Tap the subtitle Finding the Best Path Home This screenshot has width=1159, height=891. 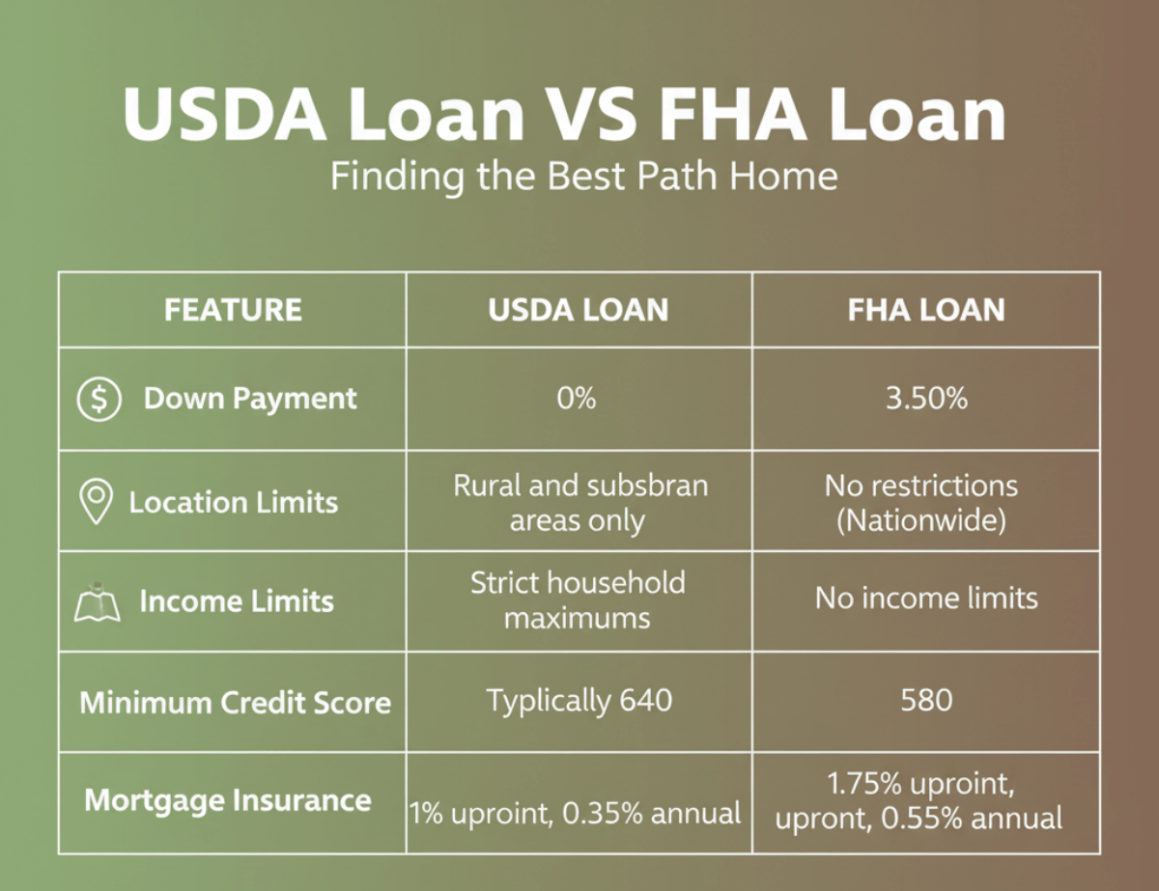click(584, 177)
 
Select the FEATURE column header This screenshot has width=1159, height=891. click(233, 310)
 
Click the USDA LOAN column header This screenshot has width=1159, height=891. click(579, 310)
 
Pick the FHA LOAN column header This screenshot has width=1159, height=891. click(926, 310)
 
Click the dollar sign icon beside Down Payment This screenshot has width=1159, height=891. click(99, 399)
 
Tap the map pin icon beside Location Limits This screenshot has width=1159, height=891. click(95, 503)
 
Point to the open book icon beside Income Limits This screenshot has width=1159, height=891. click(97, 603)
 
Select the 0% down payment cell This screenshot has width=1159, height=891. click(578, 399)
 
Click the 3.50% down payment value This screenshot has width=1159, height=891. click(926, 399)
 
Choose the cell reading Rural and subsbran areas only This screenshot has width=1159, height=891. click(579, 502)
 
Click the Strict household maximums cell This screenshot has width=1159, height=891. click(578, 599)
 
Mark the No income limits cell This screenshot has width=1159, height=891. click(926, 599)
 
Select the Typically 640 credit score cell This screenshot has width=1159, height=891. click(579, 700)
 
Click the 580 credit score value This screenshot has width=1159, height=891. click(926, 700)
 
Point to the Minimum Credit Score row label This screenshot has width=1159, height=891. click(235, 702)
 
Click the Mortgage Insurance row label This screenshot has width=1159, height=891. click(228, 800)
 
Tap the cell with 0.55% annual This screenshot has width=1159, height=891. click(919, 802)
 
